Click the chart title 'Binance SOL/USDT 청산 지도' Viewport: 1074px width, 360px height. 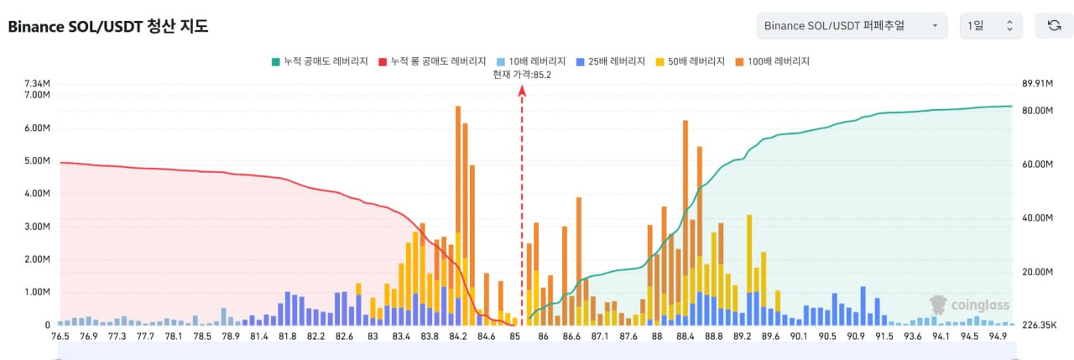[x=108, y=26]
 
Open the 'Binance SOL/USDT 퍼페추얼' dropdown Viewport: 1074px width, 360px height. [x=852, y=26]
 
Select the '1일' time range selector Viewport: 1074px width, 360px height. [x=991, y=26]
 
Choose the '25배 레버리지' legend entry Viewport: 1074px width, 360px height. [x=610, y=61]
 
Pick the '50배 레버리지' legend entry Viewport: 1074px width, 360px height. [x=691, y=61]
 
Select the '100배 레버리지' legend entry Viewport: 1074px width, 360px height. [x=772, y=61]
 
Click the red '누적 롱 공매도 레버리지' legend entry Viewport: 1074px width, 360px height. [x=433, y=61]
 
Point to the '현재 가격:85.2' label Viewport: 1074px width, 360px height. [x=522, y=75]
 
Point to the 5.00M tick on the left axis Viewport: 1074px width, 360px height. [x=38, y=161]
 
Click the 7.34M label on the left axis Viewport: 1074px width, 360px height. [x=38, y=83]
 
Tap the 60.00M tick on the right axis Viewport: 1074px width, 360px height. [x=1037, y=164]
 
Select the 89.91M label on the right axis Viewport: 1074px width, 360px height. [x=1037, y=83]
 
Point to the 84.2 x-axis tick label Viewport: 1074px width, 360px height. [x=458, y=337]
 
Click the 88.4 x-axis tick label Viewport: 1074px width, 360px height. [x=686, y=337]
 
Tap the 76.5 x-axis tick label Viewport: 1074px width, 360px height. [x=60, y=337]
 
